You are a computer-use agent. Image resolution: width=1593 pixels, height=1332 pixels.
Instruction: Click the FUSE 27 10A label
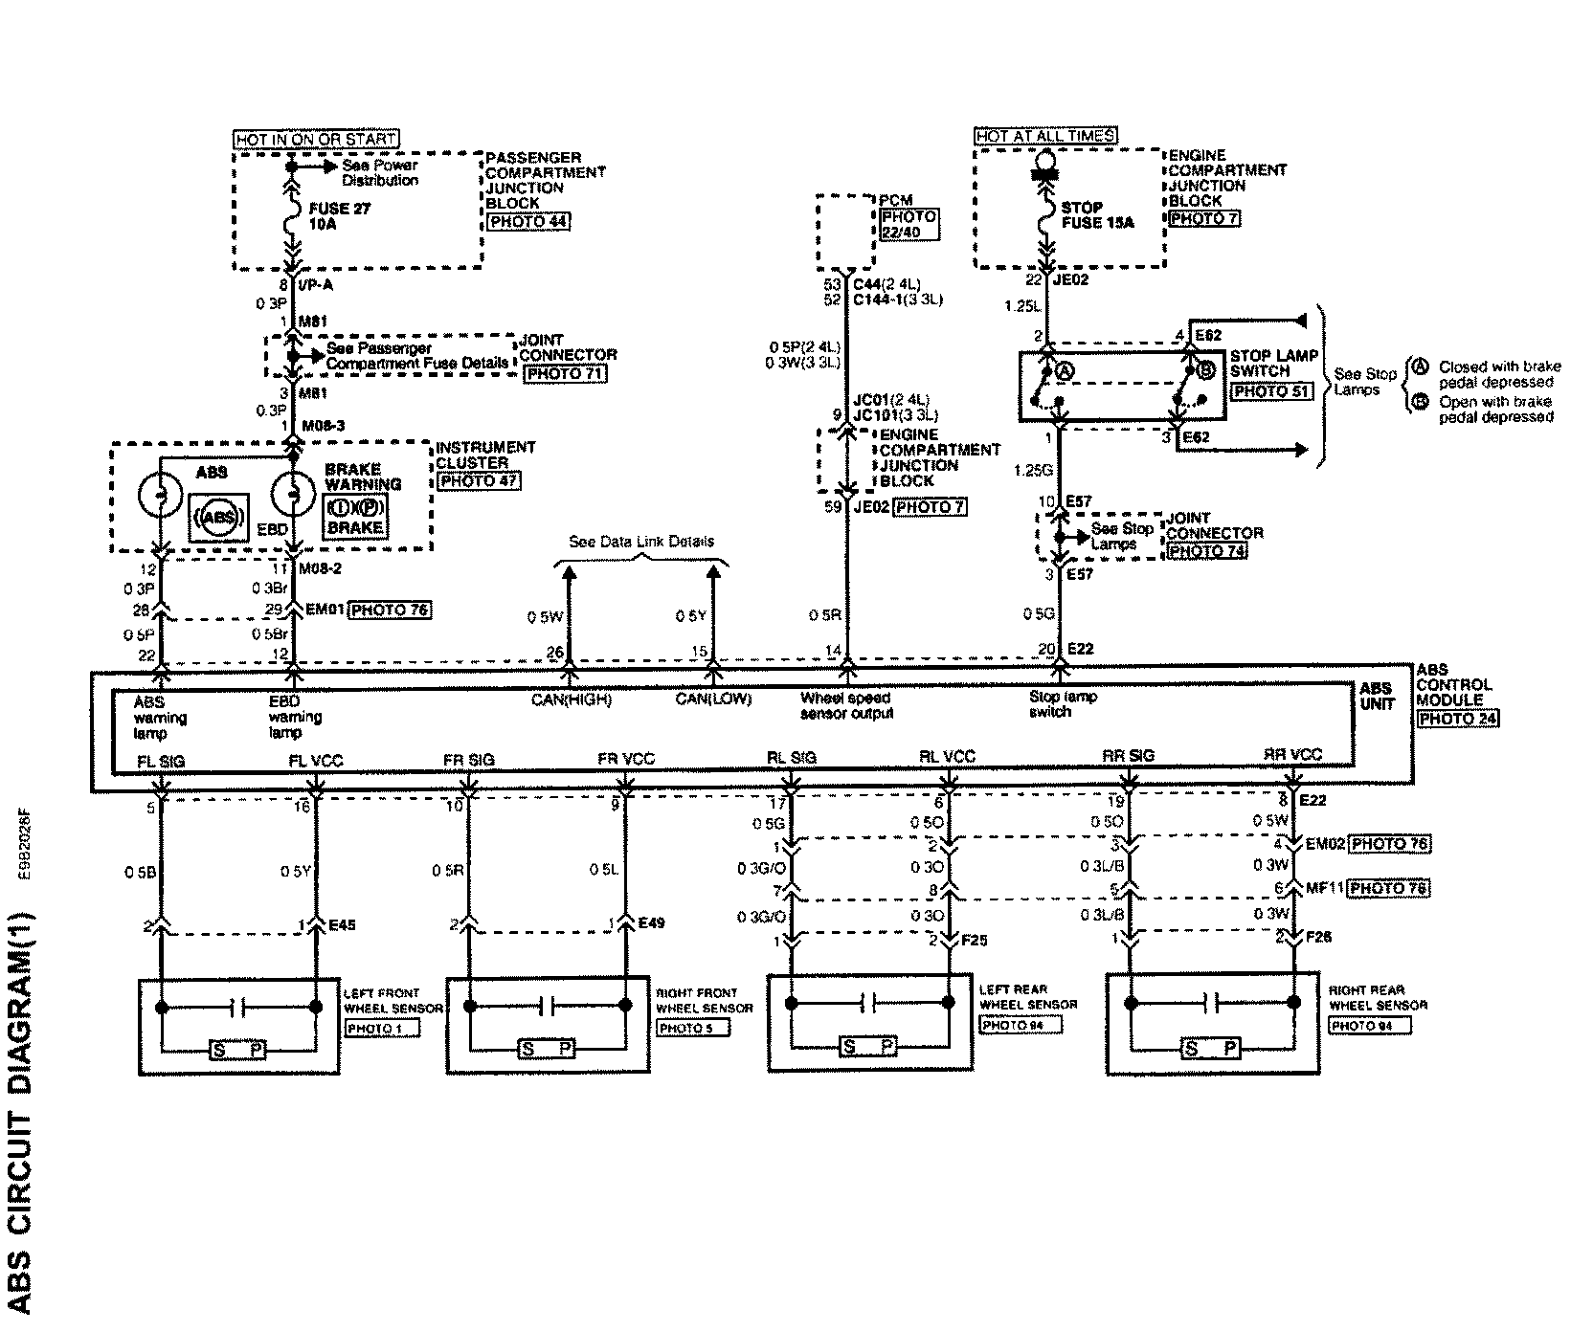[x=339, y=216]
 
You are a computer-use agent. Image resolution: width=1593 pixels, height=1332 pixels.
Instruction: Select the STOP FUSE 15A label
[x=1096, y=214]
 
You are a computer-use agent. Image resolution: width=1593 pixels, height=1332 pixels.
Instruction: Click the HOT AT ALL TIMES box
[x=1045, y=136]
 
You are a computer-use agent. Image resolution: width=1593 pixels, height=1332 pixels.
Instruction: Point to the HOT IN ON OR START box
[x=316, y=139]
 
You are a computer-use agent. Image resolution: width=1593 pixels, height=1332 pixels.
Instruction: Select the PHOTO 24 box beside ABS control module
[x=1458, y=719]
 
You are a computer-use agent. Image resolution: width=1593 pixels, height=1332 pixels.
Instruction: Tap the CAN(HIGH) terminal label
[x=572, y=699]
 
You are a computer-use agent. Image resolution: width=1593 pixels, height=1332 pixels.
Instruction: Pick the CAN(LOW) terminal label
[x=713, y=699]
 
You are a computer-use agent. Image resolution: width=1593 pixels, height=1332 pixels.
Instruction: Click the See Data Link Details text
[x=640, y=542]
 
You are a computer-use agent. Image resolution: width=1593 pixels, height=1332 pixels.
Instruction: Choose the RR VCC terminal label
[x=1292, y=755]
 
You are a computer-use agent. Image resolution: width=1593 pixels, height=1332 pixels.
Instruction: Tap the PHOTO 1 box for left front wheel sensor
[x=381, y=1030]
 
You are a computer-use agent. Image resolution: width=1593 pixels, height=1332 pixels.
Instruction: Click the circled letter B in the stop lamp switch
[x=1205, y=372]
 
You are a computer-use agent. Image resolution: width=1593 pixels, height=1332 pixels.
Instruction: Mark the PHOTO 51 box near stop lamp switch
[x=1270, y=391]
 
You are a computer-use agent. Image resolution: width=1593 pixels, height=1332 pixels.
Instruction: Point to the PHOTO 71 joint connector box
[x=565, y=373]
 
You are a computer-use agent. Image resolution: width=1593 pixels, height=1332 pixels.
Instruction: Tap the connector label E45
[x=343, y=925]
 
